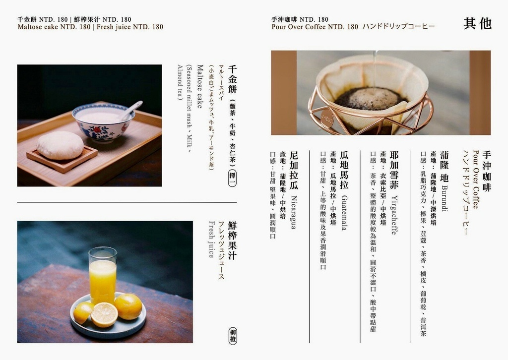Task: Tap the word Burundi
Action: pyautogui.click(x=444, y=198)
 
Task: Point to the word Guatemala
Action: pyautogui.click(x=344, y=213)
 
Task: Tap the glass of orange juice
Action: pyautogui.click(x=103, y=275)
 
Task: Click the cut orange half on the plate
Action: pyautogui.click(x=104, y=315)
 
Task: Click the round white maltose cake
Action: pyautogui.click(x=60, y=145)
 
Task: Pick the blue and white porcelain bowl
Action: pyautogui.click(x=103, y=122)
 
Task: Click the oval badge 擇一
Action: pyautogui.click(x=232, y=178)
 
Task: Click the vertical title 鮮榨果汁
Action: pyautogui.click(x=232, y=240)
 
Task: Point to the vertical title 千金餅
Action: pyautogui.click(x=232, y=79)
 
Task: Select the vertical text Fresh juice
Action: pyautogui.click(x=211, y=239)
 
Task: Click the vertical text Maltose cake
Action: pyautogui.click(x=200, y=86)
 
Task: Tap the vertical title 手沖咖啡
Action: pyautogui.click(x=487, y=171)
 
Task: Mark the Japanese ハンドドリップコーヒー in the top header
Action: pyautogui.click(x=398, y=27)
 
